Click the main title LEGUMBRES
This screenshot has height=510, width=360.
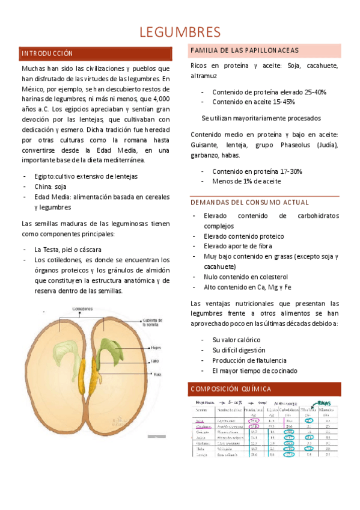(x=180, y=31)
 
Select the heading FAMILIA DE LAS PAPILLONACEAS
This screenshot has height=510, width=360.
(x=244, y=50)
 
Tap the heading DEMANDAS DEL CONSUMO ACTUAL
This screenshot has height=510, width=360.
(x=249, y=202)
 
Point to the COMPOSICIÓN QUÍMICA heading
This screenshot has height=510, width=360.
(x=230, y=389)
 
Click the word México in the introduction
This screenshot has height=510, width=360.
(x=34, y=88)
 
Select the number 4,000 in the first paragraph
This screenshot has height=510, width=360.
(x=158, y=98)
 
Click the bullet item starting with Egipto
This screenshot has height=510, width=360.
(x=86, y=176)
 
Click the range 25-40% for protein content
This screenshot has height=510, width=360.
(x=311, y=92)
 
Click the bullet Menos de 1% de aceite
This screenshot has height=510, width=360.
(x=246, y=180)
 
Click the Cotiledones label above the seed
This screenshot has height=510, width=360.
(x=86, y=309)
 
